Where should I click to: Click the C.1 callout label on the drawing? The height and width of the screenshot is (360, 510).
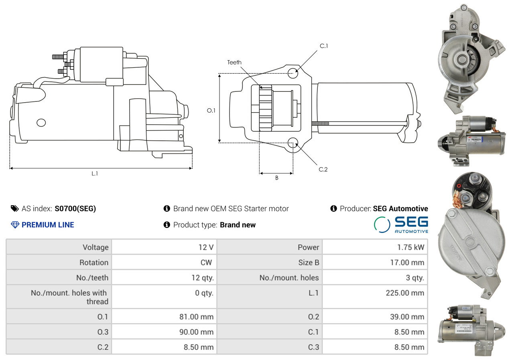324,46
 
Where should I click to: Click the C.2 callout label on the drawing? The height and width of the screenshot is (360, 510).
323,170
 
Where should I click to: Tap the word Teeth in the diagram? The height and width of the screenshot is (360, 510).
234,62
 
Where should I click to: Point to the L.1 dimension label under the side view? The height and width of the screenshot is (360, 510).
95,174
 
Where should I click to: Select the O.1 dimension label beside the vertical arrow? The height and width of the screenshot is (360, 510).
211,111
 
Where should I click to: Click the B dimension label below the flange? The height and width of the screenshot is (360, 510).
276,178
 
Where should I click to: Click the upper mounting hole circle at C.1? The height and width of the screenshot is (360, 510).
293,73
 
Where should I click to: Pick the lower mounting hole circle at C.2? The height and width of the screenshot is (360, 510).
293,143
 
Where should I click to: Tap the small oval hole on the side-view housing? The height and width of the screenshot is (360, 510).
41,123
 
